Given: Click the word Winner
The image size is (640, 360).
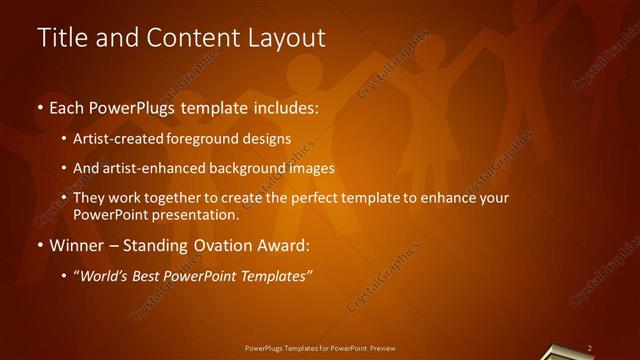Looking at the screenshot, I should click(76, 246).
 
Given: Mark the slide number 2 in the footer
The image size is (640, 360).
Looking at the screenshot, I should click(590, 348).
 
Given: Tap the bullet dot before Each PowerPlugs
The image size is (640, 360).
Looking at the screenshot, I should click(39, 107).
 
